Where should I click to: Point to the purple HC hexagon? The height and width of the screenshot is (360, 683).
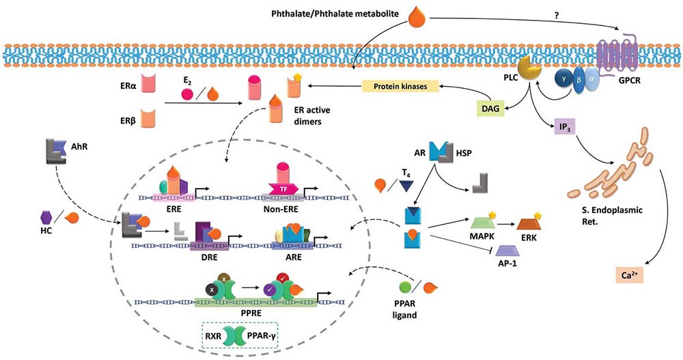tap(47, 218)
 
